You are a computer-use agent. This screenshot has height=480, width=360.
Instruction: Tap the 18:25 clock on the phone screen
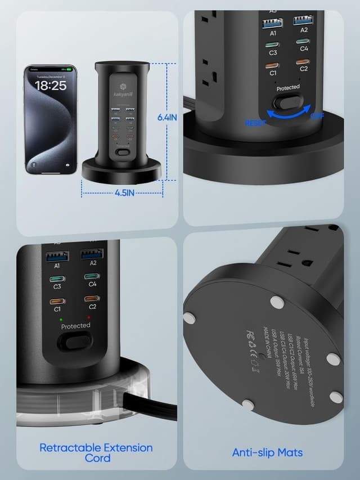click(51, 86)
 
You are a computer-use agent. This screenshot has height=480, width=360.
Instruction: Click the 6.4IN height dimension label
click(168, 117)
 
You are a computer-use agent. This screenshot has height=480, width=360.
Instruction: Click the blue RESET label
click(255, 123)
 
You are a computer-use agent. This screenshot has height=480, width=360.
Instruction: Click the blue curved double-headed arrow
click(287, 114)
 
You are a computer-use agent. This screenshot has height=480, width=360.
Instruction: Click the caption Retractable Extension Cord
click(96, 452)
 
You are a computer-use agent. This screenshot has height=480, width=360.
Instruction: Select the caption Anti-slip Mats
click(268, 452)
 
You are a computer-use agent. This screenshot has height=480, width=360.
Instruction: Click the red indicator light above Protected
click(89, 318)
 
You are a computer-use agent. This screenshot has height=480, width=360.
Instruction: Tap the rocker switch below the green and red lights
click(75, 342)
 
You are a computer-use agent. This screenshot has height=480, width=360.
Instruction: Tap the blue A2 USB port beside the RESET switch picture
click(304, 21)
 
